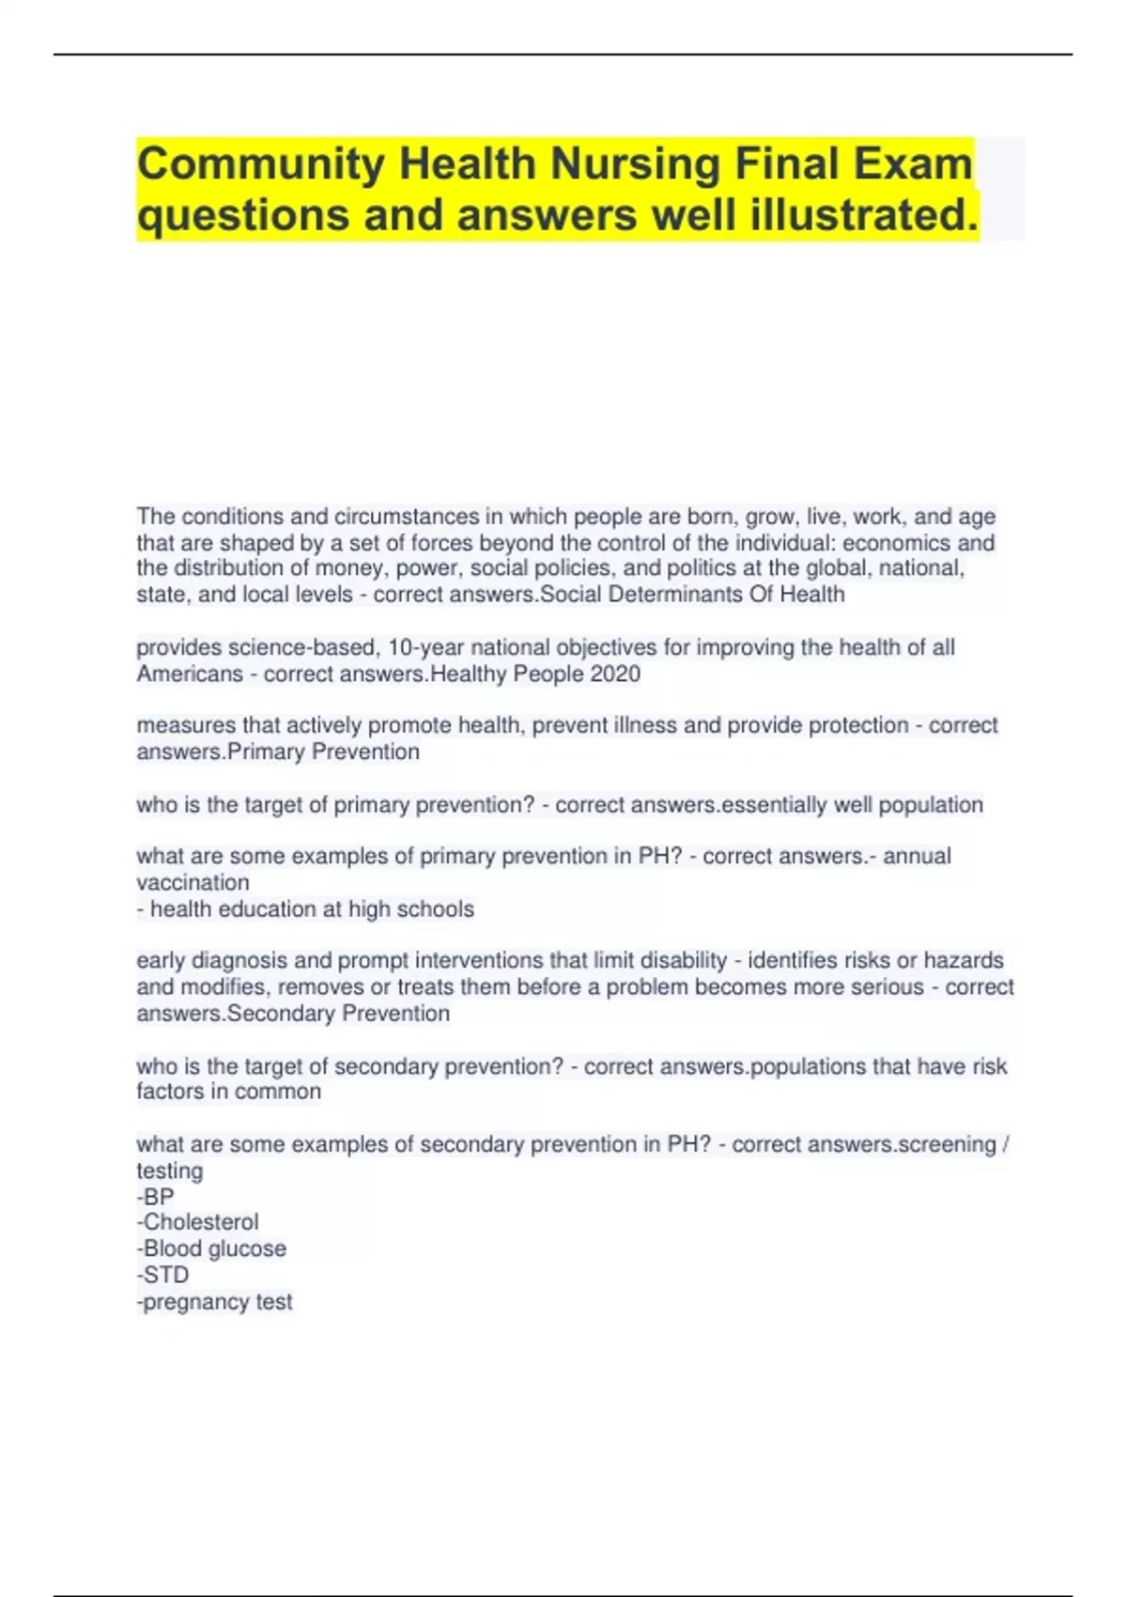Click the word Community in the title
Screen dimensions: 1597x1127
coord(261,165)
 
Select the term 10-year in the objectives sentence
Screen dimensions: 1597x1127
coord(426,647)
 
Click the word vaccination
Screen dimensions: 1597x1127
coord(193,883)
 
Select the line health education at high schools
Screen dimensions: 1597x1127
coord(305,909)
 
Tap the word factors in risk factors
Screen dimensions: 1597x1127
coord(169,1092)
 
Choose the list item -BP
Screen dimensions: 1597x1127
coord(156,1197)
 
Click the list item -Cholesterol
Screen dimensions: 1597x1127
coord(198,1222)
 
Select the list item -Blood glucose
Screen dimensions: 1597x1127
coord(212,1248)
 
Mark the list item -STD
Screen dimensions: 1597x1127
coord(163,1275)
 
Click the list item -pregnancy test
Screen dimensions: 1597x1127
coord(215,1302)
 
